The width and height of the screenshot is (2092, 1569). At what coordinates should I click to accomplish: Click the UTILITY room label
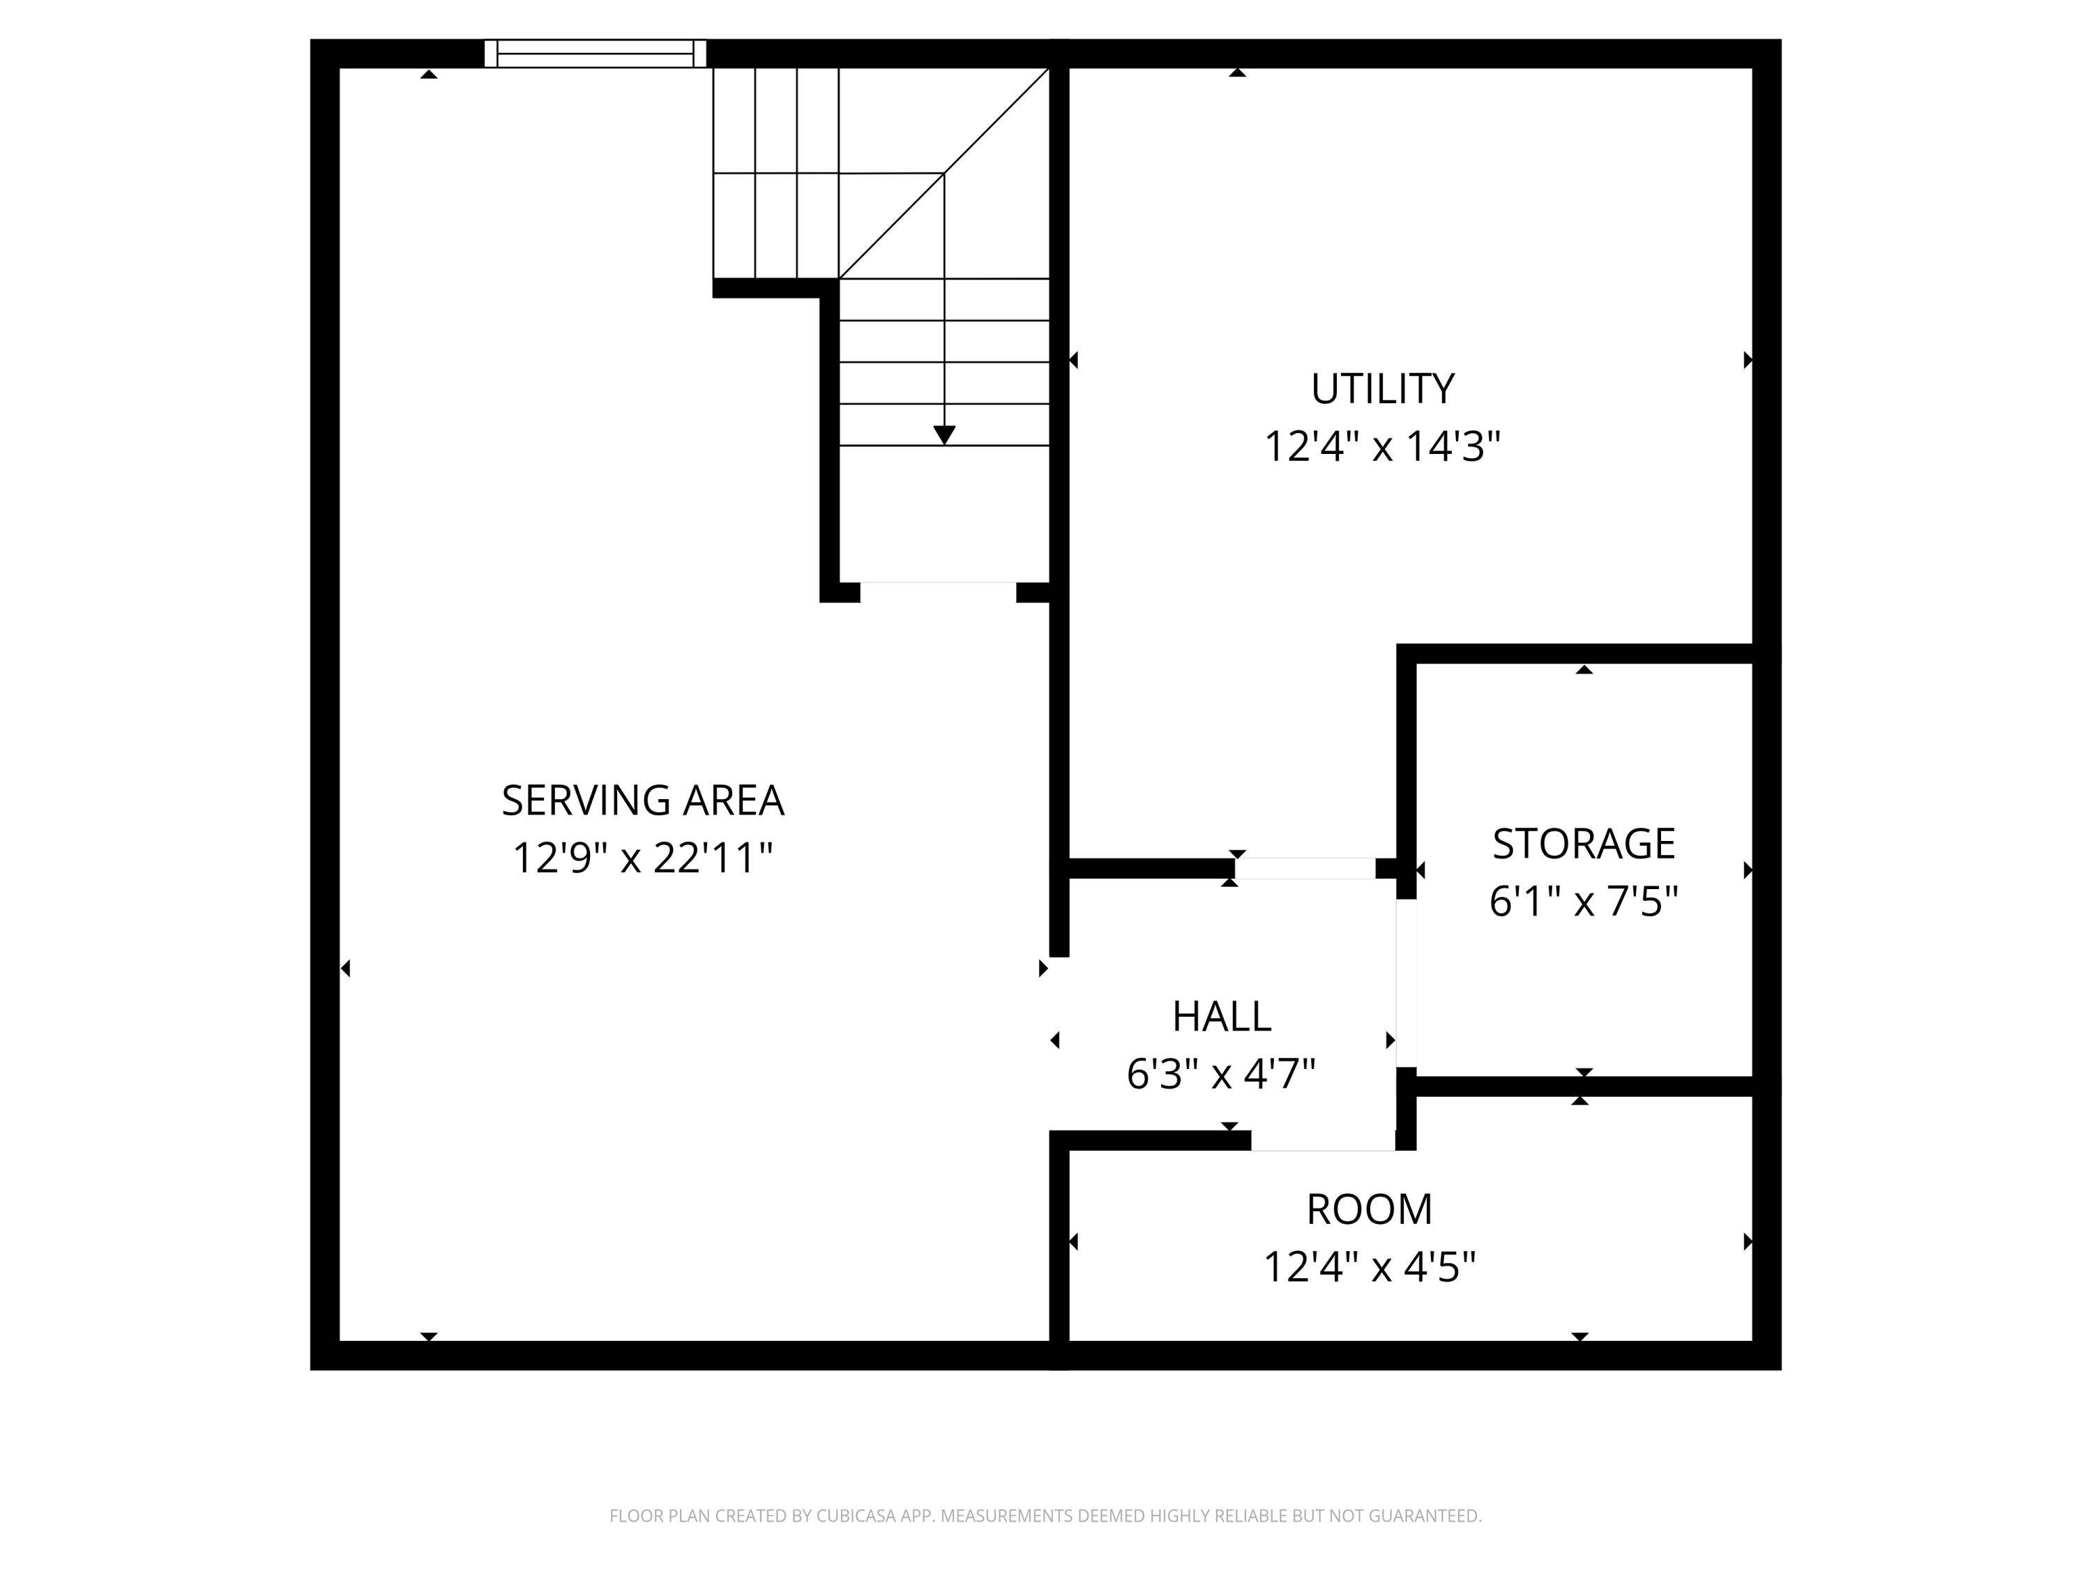[x=1381, y=388]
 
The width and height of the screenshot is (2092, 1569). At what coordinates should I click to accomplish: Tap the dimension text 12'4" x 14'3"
[x=1381, y=446]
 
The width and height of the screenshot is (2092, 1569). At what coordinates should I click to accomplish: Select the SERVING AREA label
[x=642, y=801]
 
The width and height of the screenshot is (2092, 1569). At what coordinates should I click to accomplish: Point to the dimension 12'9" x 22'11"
[x=642, y=858]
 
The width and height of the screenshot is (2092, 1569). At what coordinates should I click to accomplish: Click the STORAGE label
[x=1583, y=844]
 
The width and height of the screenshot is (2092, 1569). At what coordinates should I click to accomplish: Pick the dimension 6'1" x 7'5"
[x=1583, y=901]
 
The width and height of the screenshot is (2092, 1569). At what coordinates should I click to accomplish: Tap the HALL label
[x=1221, y=1017]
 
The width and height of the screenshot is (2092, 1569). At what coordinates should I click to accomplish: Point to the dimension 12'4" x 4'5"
[x=1368, y=1267]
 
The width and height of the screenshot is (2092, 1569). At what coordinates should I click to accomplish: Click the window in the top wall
[x=595, y=53]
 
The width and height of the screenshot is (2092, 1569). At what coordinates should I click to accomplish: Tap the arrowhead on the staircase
[x=944, y=435]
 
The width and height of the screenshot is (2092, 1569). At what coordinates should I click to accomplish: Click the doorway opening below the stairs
[x=937, y=592]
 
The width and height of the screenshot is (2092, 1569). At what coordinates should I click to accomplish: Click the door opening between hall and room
[x=1322, y=1141]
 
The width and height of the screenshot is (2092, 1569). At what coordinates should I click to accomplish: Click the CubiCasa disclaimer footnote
[x=1045, y=1516]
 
